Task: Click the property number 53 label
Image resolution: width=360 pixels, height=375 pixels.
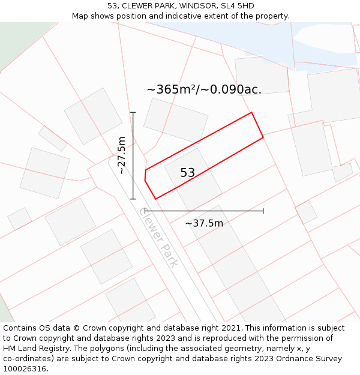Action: click(x=187, y=173)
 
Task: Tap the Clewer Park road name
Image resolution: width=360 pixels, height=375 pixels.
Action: click(x=158, y=237)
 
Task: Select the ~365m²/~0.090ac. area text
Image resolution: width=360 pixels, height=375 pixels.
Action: click(x=204, y=89)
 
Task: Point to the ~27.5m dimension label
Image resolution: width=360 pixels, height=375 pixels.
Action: click(x=121, y=155)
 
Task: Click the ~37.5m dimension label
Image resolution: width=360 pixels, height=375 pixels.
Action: click(x=204, y=223)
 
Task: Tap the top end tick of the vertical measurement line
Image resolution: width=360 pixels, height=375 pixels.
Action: click(x=133, y=112)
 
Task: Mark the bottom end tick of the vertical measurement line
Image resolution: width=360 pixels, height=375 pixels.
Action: click(x=133, y=199)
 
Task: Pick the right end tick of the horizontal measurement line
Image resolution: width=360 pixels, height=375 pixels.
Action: click(x=263, y=211)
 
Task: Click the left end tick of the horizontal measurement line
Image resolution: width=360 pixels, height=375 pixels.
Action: click(x=145, y=211)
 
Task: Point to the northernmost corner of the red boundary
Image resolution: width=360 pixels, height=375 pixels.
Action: click(x=251, y=112)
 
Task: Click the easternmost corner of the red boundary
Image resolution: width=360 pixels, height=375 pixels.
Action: click(x=263, y=137)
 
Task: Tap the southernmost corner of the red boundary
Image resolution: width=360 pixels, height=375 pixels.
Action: click(x=155, y=199)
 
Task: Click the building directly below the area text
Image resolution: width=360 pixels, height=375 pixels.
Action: click(x=175, y=120)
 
